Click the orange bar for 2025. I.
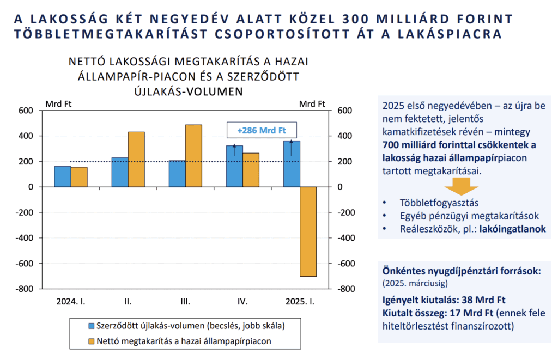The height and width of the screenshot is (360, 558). (x=308, y=231)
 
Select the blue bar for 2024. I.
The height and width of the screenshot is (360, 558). (x=63, y=176)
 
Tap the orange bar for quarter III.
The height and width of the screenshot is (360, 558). (x=193, y=156)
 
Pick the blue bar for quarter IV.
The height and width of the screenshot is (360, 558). (x=234, y=166)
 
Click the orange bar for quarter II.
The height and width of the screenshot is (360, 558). (x=136, y=160)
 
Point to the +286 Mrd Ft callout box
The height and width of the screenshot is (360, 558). (x=262, y=130)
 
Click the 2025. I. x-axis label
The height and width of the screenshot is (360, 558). (x=300, y=302)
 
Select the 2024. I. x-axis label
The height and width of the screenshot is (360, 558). (x=71, y=302)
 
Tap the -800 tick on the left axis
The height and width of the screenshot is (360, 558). (x=24, y=289)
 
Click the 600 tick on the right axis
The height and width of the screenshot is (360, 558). (x=344, y=110)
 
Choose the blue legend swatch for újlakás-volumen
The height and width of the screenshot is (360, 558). (x=92, y=326)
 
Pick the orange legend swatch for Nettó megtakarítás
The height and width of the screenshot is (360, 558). (x=92, y=341)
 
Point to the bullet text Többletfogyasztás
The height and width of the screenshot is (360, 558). (x=439, y=203)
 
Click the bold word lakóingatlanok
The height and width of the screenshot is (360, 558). (x=512, y=229)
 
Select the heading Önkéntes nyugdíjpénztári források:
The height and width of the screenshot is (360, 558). (x=462, y=271)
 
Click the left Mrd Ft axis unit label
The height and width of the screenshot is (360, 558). (x=58, y=104)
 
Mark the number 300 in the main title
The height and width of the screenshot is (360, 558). (x=354, y=19)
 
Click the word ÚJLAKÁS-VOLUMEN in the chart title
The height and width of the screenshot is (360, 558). (x=189, y=91)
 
